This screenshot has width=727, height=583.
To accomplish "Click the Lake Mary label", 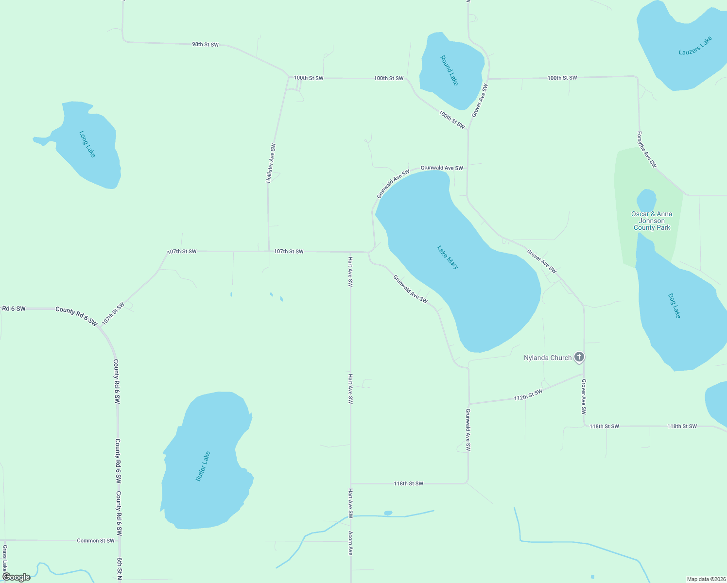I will tap(448, 257).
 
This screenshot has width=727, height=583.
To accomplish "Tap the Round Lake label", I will tap(449, 70).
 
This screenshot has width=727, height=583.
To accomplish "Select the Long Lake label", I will tap(87, 144).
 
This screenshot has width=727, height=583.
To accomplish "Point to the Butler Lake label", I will tap(203, 466).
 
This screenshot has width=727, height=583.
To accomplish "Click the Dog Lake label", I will tap(674, 306).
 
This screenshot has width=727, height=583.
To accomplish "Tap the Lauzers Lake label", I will tap(695, 46).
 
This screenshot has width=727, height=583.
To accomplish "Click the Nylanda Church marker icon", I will tap(579, 357).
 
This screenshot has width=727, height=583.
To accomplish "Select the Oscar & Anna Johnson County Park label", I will tap(652, 221).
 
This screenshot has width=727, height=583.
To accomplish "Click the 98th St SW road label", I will tap(205, 44).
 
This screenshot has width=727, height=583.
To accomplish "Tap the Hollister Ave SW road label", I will tap(271, 163).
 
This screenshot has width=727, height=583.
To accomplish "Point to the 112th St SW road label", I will tap(528, 395).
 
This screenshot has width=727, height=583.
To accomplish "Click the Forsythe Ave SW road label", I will tap(647, 150).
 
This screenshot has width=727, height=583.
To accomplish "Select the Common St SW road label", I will tap(96, 540).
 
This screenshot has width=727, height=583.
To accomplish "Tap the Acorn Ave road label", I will tap(350, 543).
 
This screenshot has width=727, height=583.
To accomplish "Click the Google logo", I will tap(17, 577).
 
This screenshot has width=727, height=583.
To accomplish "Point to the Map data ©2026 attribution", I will tap(705, 579).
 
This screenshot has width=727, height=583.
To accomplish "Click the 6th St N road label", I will tap(119, 568).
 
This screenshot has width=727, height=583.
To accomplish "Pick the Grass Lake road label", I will tap(5, 559).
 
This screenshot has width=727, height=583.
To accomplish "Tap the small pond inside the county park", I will tap(646, 201).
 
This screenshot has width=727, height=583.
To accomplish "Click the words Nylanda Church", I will tap(548, 358).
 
